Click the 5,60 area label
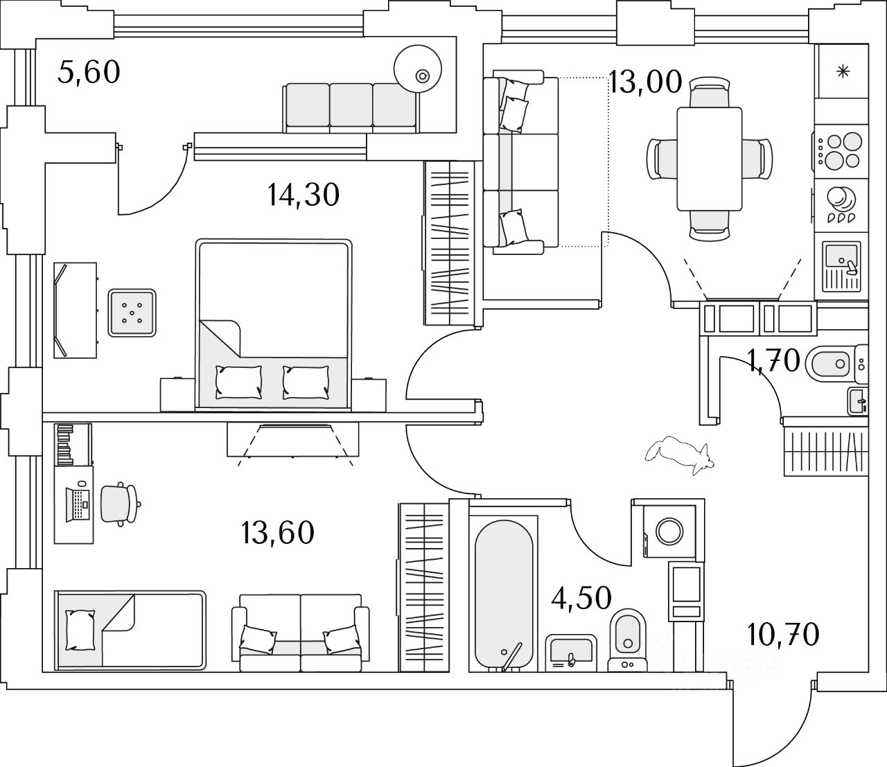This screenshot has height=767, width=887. point(89,73)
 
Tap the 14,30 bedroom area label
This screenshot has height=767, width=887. point(304,195)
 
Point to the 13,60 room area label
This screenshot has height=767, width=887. point(278,533)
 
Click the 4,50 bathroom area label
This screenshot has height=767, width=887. point(581,599)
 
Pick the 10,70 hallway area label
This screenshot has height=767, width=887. point(783,635)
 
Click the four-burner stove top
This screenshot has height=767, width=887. point(838,151)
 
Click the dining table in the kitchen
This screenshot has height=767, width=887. point(710,159)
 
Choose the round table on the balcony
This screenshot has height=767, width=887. point(418,69)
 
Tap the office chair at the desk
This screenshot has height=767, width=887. point(120,504)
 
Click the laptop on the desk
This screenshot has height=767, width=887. point(78,504)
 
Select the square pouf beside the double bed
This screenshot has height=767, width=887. point(132,312)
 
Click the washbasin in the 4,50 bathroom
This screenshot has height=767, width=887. point(571,653)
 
